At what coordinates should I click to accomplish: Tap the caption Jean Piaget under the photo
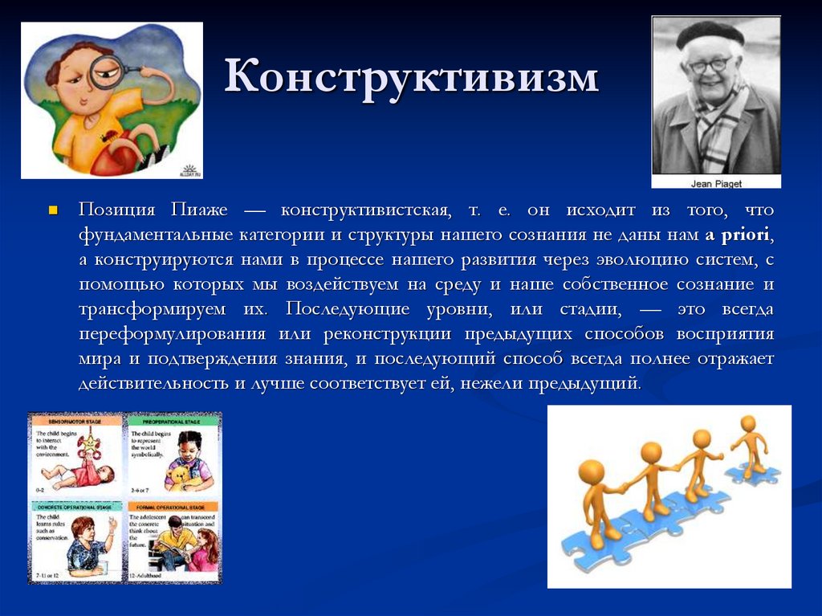pyautogui.click(x=715, y=183)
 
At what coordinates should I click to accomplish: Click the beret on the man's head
pyautogui.click(x=709, y=35)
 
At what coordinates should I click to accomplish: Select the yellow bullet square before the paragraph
pyautogui.click(x=54, y=211)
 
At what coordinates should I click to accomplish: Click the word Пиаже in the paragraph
pyautogui.click(x=198, y=210)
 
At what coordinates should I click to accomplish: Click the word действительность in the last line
pyautogui.click(x=153, y=383)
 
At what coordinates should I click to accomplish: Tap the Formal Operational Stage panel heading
pyautogui.click(x=173, y=508)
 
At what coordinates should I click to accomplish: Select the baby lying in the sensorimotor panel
pyautogui.click(x=76, y=475)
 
